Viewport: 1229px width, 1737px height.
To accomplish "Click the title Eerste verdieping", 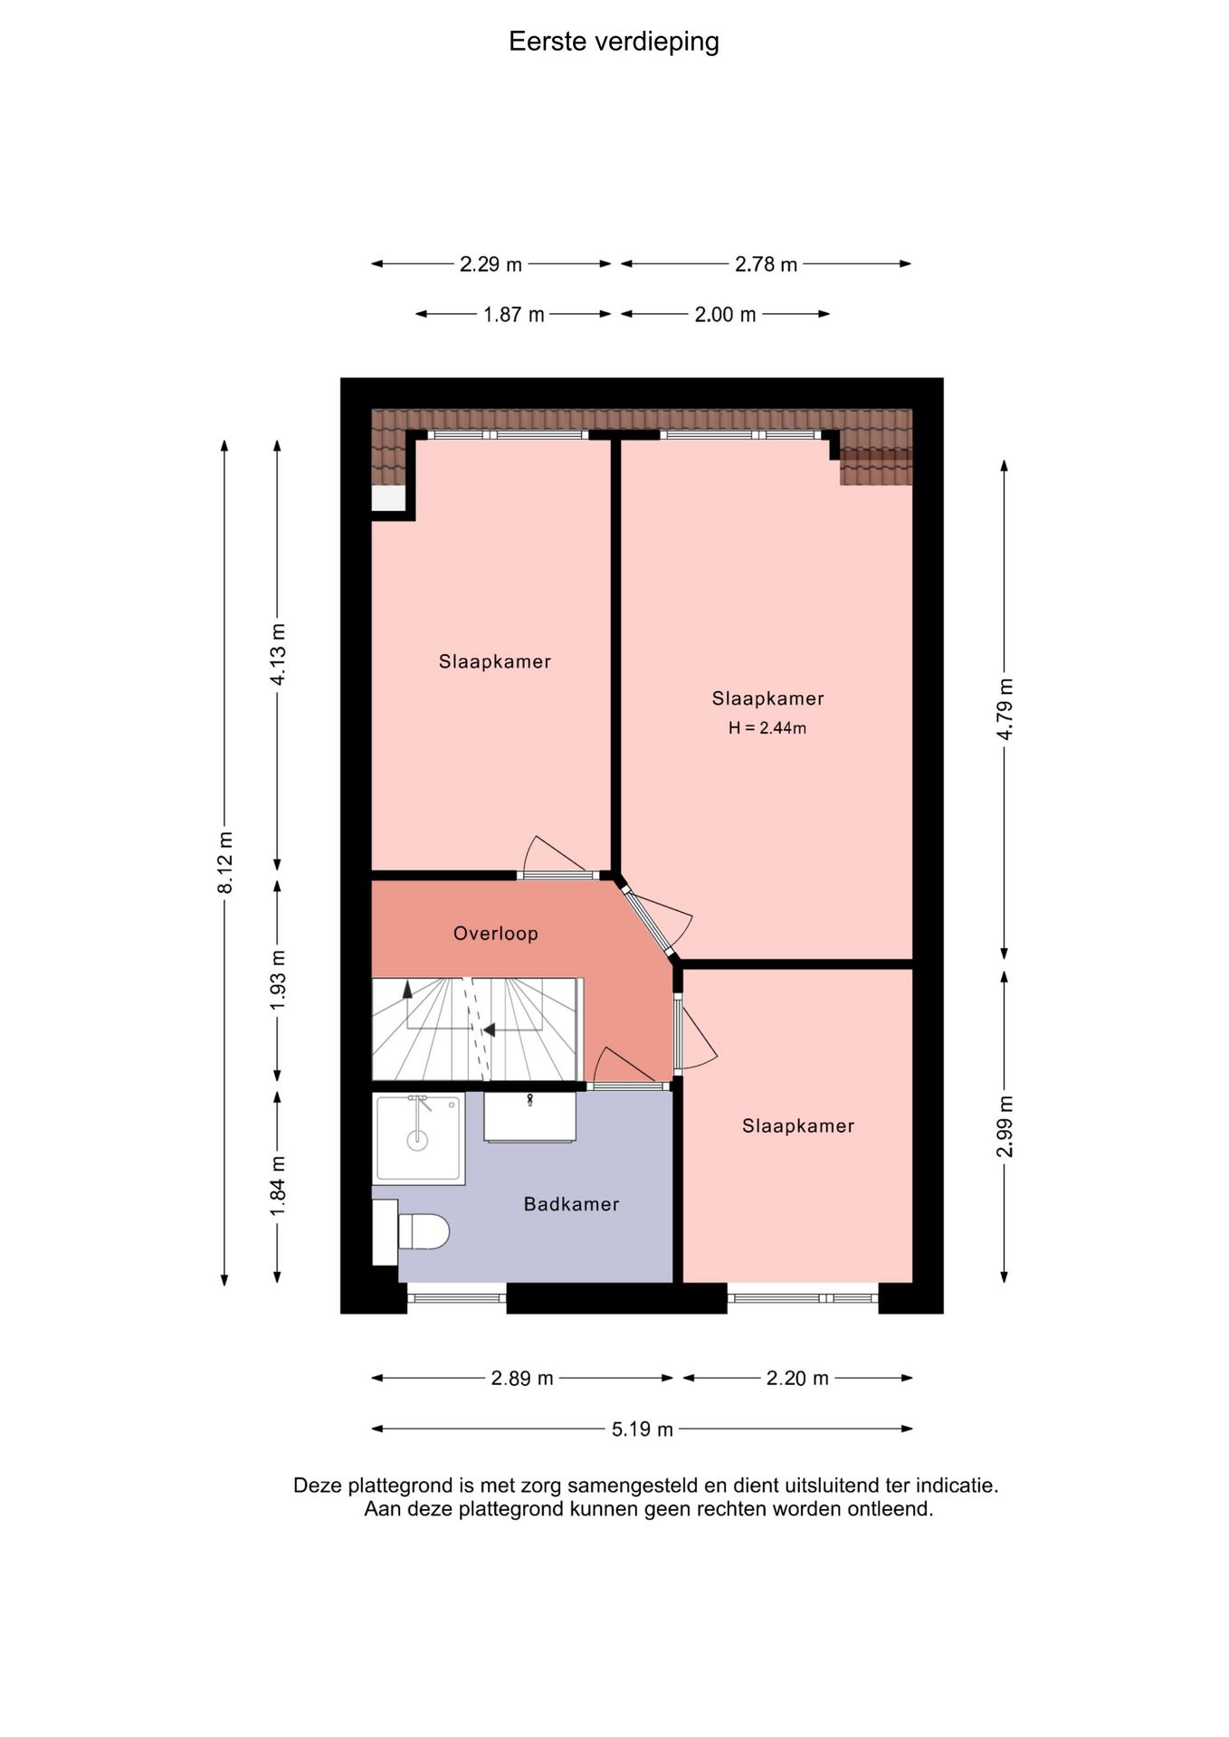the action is coord(614,42).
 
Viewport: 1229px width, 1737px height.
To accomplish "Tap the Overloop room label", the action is coord(496,934).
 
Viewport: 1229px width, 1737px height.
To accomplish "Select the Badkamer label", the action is coord(571,1204).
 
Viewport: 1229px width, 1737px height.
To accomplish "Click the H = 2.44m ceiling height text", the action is coord(767,727).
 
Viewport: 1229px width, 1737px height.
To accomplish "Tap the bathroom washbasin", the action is coord(530,1118).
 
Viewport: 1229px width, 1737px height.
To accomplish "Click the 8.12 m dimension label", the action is coord(225,862).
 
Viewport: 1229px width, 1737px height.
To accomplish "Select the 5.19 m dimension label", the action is coord(643,1429).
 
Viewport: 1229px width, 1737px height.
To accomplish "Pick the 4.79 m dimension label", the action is coord(1005,708).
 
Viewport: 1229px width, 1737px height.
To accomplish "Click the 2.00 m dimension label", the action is coord(725,315).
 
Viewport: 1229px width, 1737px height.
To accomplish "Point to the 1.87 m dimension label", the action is coord(514,315).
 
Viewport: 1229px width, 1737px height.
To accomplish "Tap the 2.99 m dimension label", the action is coord(1005,1125).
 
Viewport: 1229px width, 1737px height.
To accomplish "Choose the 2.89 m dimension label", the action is coord(522,1378).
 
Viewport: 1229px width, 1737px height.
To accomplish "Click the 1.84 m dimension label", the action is coord(278,1186).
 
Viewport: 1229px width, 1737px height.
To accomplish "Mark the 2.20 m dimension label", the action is coord(797,1378).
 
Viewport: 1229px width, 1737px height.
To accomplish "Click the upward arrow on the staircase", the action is coord(407,989).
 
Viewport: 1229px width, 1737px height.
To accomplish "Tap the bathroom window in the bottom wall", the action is coord(456,1298).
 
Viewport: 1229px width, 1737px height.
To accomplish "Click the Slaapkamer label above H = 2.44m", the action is coord(767,698).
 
